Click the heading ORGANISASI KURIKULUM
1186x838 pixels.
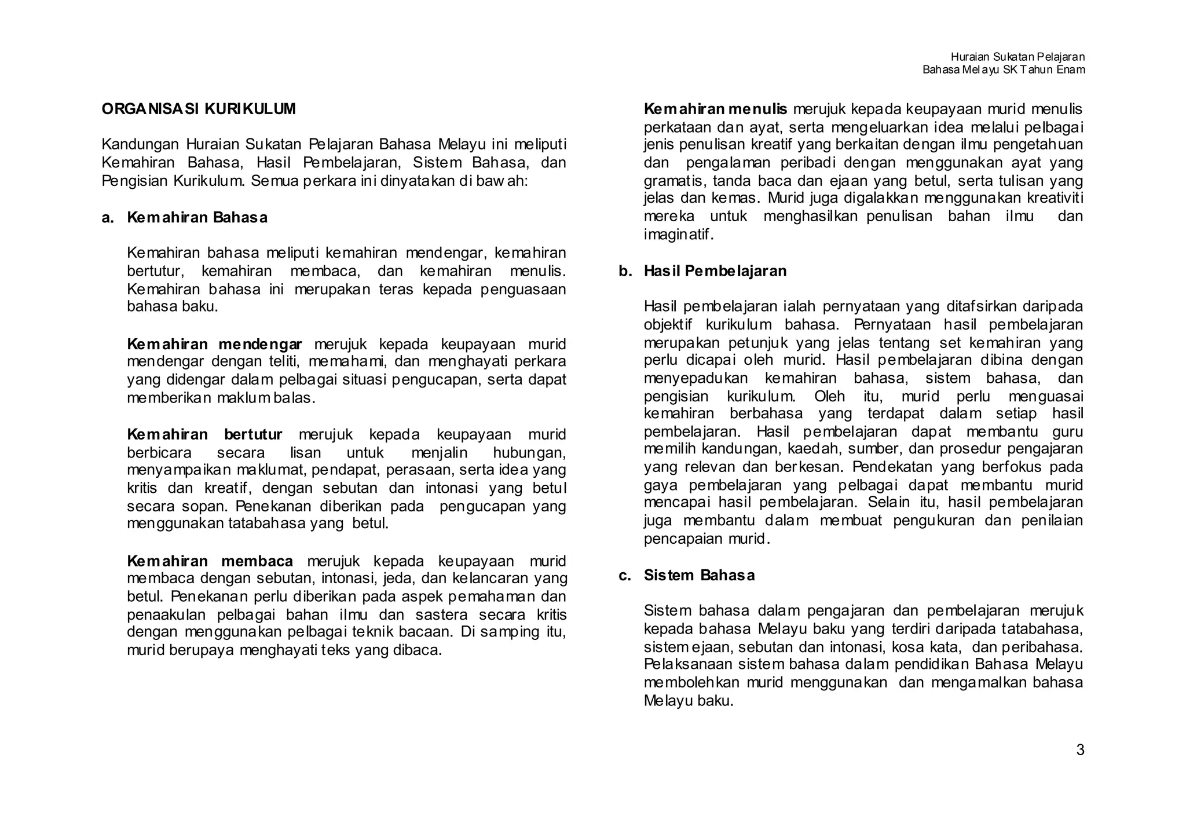(199, 109)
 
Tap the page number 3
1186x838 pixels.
(1080, 750)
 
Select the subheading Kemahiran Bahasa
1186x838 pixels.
(197, 218)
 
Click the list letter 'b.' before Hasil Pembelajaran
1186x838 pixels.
(625, 271)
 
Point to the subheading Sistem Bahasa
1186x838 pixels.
(699, 575)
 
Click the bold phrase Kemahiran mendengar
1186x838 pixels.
(214, 345)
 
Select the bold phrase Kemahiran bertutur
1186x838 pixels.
(204, 434)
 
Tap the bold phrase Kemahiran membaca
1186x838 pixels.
(210, 561)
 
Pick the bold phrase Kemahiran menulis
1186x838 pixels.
(715, 109)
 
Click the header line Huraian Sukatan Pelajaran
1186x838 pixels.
(1017, 57)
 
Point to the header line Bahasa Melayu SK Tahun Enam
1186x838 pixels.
(1003, 69)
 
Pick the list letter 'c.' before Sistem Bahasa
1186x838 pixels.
(625, 575)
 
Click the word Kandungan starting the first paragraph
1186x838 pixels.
(141, 144)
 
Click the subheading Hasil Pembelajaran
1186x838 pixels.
(715, 271)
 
